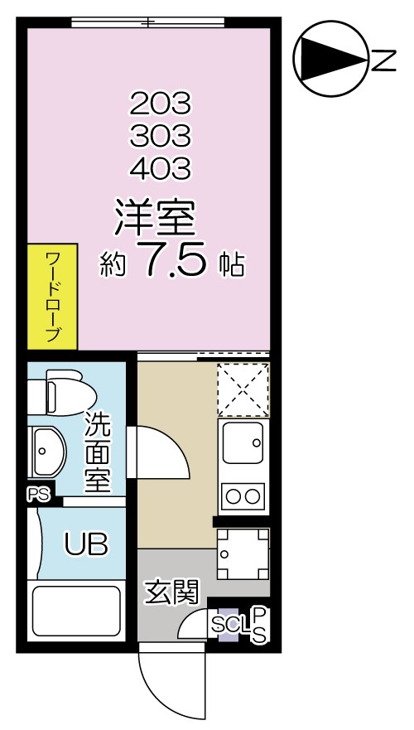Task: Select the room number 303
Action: coord(160,135)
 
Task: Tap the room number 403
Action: coord(160,167)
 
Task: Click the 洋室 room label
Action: coord(154,218)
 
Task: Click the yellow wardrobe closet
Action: coord(51,296)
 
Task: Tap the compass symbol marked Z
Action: coord(331,58)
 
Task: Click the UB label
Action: coord(85,544)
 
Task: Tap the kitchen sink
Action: coord(242,442)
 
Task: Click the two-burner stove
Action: coord(242,496)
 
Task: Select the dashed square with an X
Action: coord(243,389)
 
